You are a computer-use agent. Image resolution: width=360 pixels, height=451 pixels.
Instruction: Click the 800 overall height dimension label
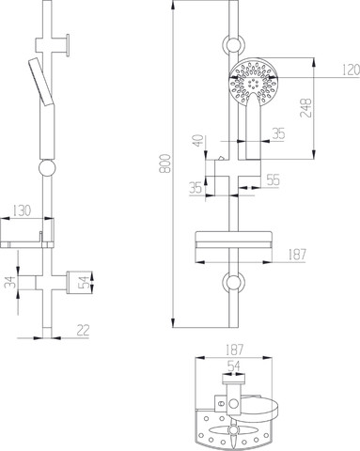(x=165, y=163)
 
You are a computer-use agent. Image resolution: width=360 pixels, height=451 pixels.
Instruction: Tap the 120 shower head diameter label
(x=351, y=70)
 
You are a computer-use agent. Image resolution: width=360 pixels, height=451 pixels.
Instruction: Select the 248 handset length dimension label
(x=305, y=108)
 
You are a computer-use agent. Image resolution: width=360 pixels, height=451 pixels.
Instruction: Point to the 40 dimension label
(x=198, y=141)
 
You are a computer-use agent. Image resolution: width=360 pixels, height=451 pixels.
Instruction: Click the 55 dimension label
(x=273, y=179)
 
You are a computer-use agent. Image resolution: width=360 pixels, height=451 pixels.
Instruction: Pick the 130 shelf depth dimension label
(x=22, y=210)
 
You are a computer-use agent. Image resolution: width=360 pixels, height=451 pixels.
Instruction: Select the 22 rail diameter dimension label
(x=83, y=330)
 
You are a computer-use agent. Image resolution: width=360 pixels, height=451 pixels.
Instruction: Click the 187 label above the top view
(x=234, y=350)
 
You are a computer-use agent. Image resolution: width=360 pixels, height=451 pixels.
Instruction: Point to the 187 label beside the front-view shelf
(x=296, y=255)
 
